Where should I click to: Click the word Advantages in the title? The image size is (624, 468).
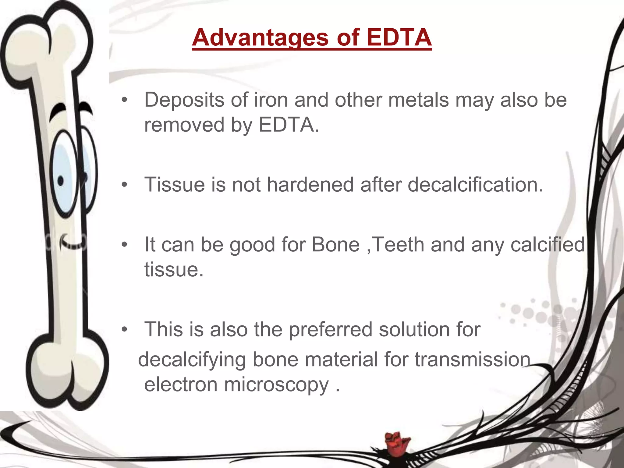[260, 38]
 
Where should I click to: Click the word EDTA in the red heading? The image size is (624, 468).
[399, 37]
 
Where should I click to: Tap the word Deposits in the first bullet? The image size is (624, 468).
[184, 100]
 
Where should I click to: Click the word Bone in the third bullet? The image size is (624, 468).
[335, 245]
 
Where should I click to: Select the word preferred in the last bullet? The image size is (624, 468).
[330, 330]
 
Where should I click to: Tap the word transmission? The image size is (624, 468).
[472, 360]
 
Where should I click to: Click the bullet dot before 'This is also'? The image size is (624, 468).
[124, 330]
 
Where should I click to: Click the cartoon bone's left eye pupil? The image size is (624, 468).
[61, 181]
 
